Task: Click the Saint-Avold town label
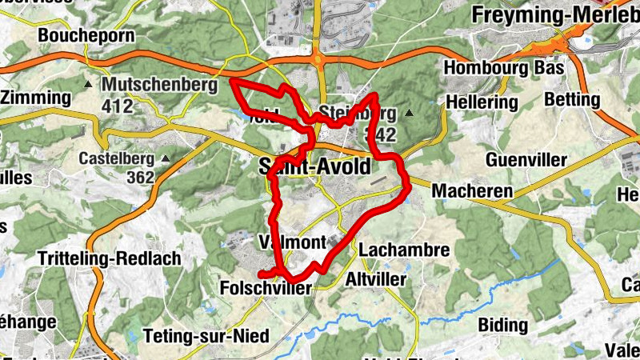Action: pos(315,166)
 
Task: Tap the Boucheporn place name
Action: pos(78,35)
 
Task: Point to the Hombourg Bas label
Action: pos(504,67)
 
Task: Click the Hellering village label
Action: pos(482,102)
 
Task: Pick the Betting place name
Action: pos(571,99)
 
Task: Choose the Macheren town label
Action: pos(472,191)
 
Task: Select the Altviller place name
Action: pos(376,279)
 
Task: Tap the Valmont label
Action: pos(292,242)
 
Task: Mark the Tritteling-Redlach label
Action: pos(109,259)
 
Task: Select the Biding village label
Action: pos(502,325)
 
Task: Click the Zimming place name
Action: pos(35,98)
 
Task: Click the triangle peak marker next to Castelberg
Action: pos(166,158)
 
